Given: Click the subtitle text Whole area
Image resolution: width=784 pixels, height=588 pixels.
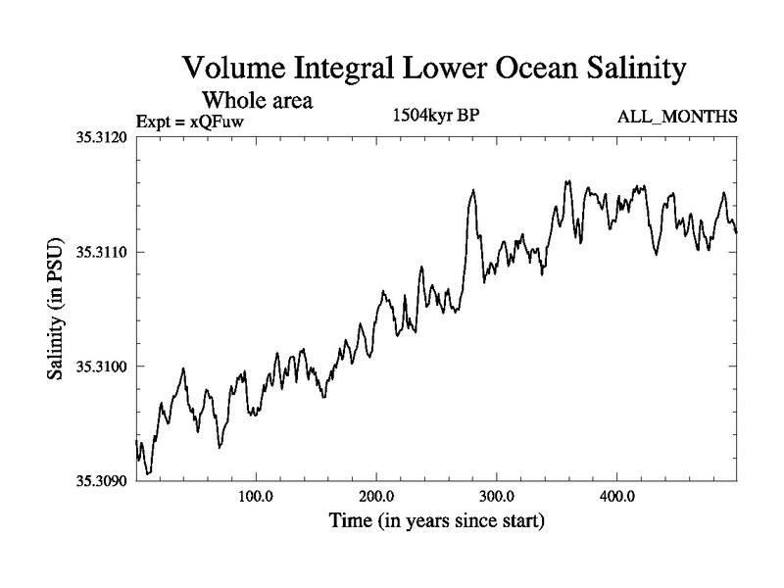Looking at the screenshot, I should pyautogui.click(x=257, y=100).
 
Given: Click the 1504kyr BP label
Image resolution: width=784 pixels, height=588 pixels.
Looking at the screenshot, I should pyautogui.click(x=435, y=116).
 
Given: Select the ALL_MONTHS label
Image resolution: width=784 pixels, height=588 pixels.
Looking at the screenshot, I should pyautogui.click(x=676, y=118).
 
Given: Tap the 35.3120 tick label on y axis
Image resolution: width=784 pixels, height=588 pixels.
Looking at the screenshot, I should pyautogui.click(x=100, y=138).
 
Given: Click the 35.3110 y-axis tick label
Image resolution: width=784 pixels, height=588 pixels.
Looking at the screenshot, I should pyautogui.click(x=100, y=252).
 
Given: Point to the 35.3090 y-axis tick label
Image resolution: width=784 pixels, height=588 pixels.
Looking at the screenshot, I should pyautogui.click(x=100, y=480).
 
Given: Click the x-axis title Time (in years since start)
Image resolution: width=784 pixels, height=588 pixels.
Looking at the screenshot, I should pyautogui.click(x=435, y=520).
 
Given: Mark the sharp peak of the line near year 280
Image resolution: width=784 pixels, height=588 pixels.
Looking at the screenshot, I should pyautogui.click(x=472, y=190).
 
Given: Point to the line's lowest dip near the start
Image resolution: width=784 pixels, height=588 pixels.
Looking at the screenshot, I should pyautogui.click(x=148, y=473).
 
